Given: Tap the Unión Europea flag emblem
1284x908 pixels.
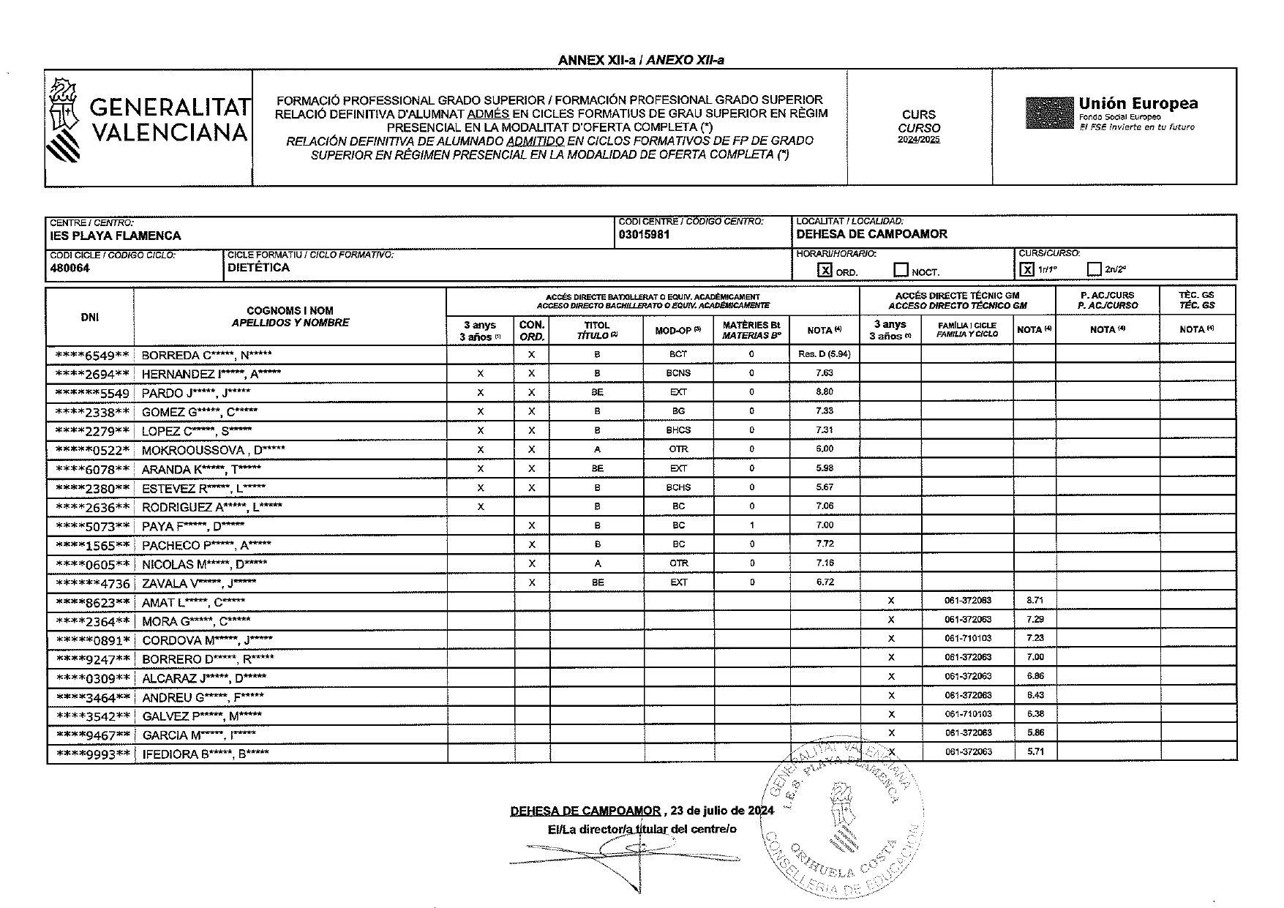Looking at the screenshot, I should (x=1049, y=113).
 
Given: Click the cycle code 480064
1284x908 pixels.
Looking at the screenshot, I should (x=70, y=268).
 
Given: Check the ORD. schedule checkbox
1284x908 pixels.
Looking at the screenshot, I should (x=825, y=270).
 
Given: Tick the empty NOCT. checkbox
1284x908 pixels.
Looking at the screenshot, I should (x=901, y=270).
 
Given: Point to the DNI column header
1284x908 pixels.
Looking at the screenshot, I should (x=90, y=317).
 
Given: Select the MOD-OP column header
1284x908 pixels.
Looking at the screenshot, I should (x=677, y=330).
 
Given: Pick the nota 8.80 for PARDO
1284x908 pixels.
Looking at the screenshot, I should (x=824, y=392).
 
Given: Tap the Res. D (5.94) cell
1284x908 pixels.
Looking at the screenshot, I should (x=824, y=354).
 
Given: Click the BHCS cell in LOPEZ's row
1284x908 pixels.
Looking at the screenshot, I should (x=678, y=430).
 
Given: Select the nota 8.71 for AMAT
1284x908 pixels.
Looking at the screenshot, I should (x=1035, y=600).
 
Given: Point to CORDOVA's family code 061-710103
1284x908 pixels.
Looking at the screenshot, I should (x=967, y=638).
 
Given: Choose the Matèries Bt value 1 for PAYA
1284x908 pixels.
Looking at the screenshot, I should (x=751, y=525).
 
